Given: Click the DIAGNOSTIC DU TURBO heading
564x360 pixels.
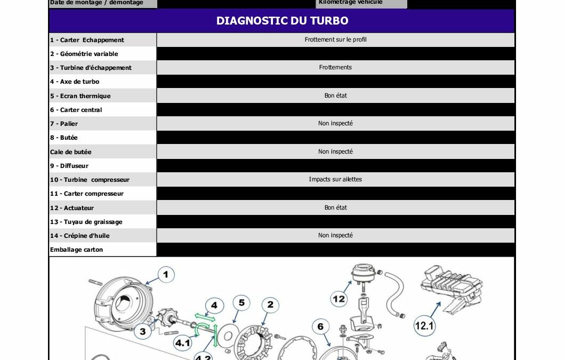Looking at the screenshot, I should pos(282,21).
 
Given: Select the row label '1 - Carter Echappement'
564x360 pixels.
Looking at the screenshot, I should pos(87,40).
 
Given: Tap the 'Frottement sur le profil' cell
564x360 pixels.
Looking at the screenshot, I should pos(335,39).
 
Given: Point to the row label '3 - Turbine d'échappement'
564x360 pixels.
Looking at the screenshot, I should pos(91,68).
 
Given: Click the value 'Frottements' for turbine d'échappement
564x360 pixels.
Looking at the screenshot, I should pos(335,67).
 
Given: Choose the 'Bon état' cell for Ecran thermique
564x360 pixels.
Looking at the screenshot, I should pos(335,95).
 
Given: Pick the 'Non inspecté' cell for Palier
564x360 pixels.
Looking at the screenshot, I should pos(335,123).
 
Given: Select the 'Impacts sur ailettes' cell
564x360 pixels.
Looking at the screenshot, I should pos(335,179).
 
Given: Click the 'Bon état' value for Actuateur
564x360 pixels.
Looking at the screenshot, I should pos(335,207).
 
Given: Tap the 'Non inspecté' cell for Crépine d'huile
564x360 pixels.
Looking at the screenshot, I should pos(335,235).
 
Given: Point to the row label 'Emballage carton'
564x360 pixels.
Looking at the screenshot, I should pos(76,250).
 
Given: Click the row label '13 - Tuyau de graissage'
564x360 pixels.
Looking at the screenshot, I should pos(86,222).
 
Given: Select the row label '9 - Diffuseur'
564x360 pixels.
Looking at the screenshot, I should pos(69,166).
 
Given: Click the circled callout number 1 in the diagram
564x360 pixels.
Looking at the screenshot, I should pos(165,275).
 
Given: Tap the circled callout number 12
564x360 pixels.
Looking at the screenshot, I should pos(339,299).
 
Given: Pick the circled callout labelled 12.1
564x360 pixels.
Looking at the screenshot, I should pos(424,325).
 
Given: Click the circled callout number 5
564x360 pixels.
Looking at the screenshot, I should pos(241,303).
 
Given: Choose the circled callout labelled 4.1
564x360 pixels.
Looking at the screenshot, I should pos(183,343).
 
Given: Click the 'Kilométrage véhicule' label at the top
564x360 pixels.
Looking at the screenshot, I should pos(350,3).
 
